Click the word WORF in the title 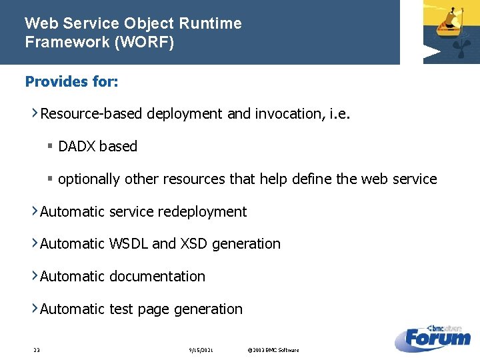tap(151, 42)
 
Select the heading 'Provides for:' tap(72, 81)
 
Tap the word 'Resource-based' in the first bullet tap(91, 114)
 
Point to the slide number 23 tap(37, 350)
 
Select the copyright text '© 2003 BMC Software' tap(273, 350)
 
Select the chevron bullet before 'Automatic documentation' tap(35, 276)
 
